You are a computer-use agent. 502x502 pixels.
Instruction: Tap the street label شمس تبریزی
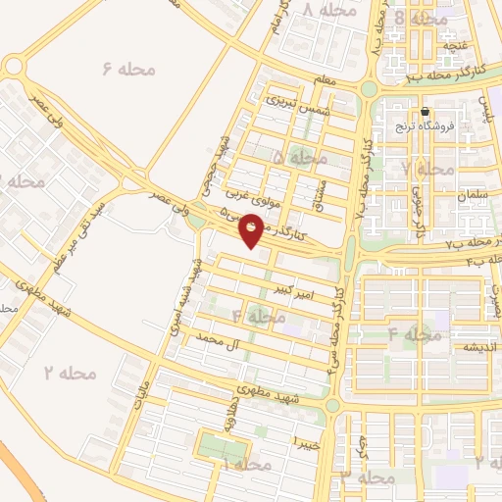coord(293,103)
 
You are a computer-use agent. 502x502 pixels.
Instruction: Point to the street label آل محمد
coord(218,339)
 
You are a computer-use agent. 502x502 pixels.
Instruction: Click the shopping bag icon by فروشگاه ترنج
coord(426,111)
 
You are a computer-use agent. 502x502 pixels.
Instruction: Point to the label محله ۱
coord(245,462)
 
